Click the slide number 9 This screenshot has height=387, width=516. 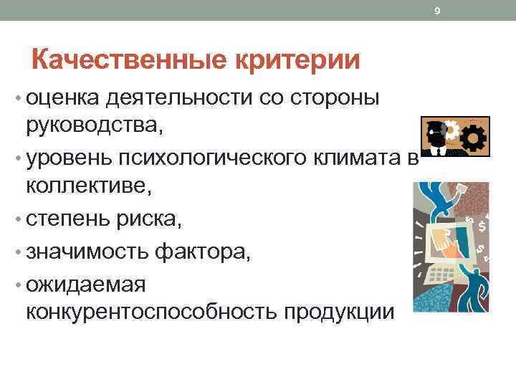(437, 10)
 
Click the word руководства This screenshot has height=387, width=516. (93, 126)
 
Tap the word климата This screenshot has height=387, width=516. (368, 156)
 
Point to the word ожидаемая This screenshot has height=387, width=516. (85, 283)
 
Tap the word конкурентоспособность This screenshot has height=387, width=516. (151, 312)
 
